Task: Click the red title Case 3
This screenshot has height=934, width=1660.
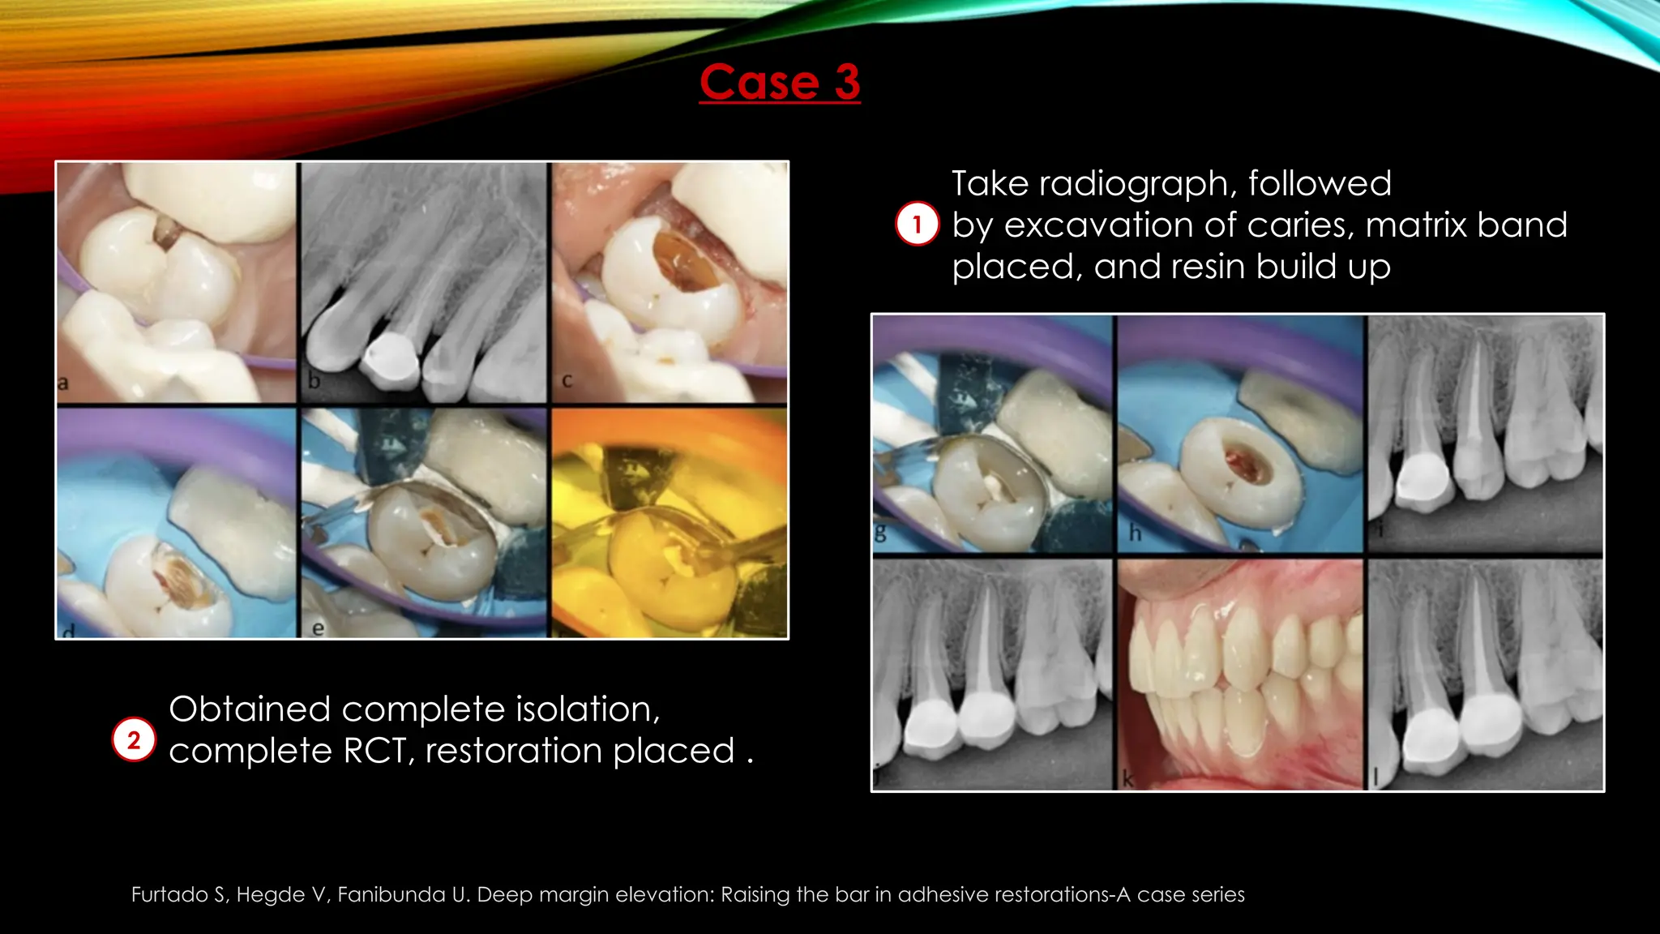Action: coord(780,83)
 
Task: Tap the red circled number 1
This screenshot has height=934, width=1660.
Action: coord(917,224)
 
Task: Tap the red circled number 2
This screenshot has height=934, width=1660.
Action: coord(134,739)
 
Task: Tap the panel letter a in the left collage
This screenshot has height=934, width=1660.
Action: coord(63,382)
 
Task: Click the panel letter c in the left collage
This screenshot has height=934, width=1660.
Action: coord(567,379)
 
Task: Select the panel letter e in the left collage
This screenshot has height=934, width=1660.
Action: coord(318,628)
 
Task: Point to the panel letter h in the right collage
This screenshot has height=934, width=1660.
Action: coord(1135,533)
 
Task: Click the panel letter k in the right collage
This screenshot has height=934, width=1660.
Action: coord(1127,780)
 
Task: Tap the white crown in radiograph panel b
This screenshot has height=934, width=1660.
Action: coord(391,359)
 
